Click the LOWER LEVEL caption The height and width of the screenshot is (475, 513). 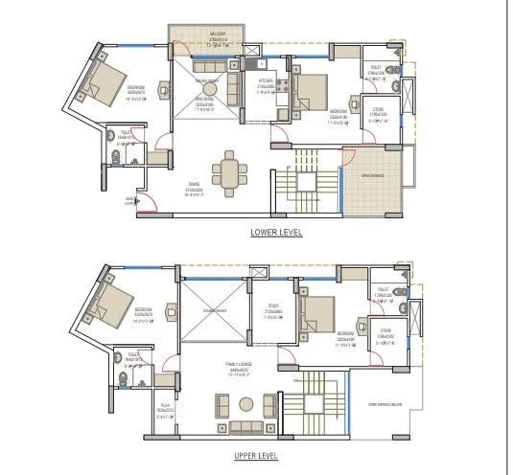pyautogui.click(x=275, y=233)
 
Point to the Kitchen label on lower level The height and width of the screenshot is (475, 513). pyautogui.click(x=266, y=85)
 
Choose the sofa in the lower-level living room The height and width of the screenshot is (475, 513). pyautogui.click(x=233, y=92)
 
